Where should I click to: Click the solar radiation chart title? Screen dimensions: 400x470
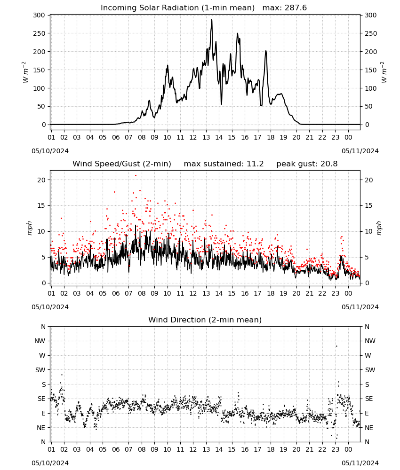pyautogui.click(x=204, y=8)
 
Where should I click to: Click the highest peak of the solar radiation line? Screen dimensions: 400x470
pyautogui.click(x=212, y=20)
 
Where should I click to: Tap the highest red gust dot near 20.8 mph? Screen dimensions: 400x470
pyautogui.click(x=136, y=176)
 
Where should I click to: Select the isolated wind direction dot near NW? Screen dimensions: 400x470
pyautogui.click(x=336, y=346)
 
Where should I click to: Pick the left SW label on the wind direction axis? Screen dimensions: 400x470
pyautogui.click(x=40, y=370)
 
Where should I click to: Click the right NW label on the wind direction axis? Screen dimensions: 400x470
pyautogui.click(x=370, y=341)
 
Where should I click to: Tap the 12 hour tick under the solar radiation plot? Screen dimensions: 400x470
pyautogui.click(x=193, y=137)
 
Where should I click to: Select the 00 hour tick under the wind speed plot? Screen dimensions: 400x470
pyautogui.click(x=348, y=293)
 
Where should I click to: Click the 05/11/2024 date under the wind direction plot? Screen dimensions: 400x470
pyautogui.click(x=360, y=463)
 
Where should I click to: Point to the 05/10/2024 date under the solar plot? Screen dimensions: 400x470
pyautogui.click(x=50, y=151)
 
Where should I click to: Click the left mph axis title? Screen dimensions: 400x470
pyautogui.click(x=29, y=228)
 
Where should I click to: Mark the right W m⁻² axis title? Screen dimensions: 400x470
pyautogui.click(x=384, y=72)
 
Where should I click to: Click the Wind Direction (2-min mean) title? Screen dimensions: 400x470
pyautogui.click(x=205, y=320)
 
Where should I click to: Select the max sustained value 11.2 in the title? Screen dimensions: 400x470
pyautogui.click(x=255, y=164)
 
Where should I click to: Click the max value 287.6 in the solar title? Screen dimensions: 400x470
pyautogui.click(x=296, y=8)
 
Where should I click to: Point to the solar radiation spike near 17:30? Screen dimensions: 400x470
pyautogui.click(x=266, y=51)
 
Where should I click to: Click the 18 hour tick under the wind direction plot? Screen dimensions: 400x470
pyautogui.click(x=271, y=449)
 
